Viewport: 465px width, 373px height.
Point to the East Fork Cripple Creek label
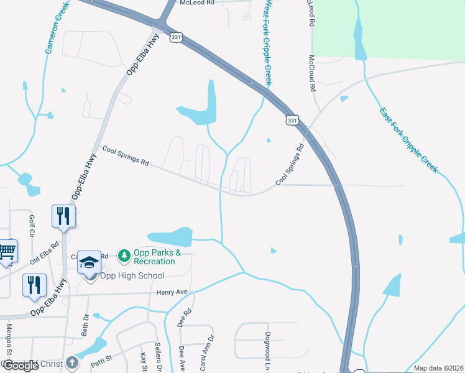pyautogui.click(x=409, y=139)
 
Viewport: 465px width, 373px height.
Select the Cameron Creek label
pyautogui.click(x=56, y=28)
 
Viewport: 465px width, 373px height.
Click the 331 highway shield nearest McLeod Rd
pyautogui.click(x=177, y=38)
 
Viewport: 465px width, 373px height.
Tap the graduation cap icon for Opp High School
pyautogui.click(x=90, y=262)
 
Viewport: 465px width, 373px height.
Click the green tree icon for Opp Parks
pyautogui.click(x=124, y=255)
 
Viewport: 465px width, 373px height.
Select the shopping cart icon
pyautogui.click(x=7, y=251)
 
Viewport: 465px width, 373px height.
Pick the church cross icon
pyautogui.click(x=73, y=362)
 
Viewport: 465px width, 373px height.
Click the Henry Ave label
pyautogui.click(x=172, y=292)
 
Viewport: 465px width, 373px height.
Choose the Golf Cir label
pyautogui.click(x=31, y=226)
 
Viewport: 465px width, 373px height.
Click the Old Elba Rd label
pyautogui.click(x=45, y=251)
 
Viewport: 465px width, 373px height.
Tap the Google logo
pyautogui.click(x=21, y=366)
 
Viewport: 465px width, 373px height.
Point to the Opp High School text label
pyautogui.click(x=125, y=277)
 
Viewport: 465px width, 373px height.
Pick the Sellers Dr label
pyautogui.click(x=159, y=357)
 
